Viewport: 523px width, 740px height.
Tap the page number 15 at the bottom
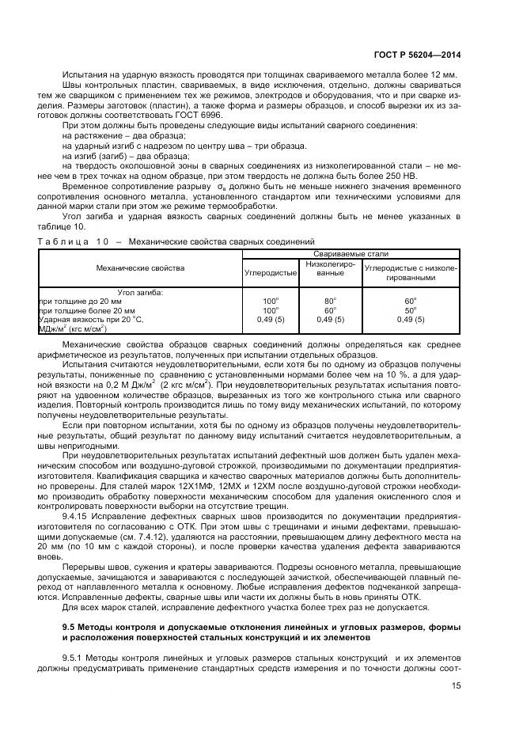(x=456, y=687)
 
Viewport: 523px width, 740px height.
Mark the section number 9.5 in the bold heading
(x=70, y=605)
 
